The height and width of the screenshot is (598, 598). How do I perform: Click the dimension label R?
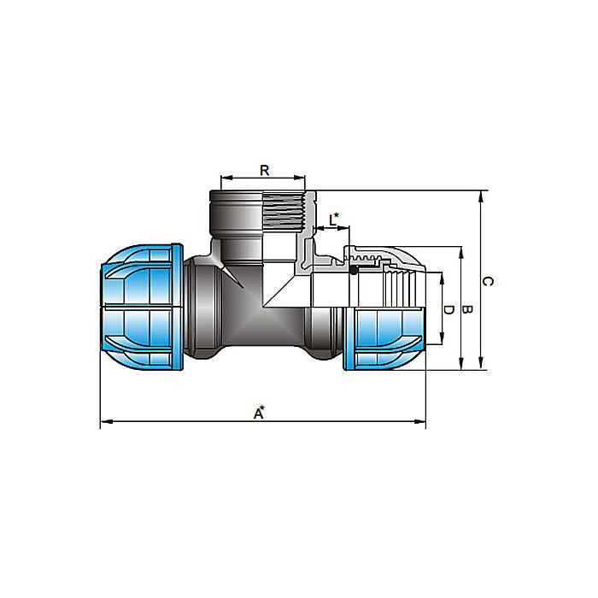(x=265, y=170)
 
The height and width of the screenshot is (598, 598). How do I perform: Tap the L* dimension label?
(x=336, y=220)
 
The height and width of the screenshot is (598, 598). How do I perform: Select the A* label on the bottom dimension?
(x=259, y=413)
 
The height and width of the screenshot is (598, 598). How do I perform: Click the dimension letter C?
(x=488, y=280)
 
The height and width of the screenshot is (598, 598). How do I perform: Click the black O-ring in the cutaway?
(x=352, y=270)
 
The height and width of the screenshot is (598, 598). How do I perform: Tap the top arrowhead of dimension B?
(x=462, y=252)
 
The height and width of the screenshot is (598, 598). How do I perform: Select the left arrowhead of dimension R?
(x=224, y=179)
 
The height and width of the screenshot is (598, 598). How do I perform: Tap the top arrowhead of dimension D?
(x=442, y=276)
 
